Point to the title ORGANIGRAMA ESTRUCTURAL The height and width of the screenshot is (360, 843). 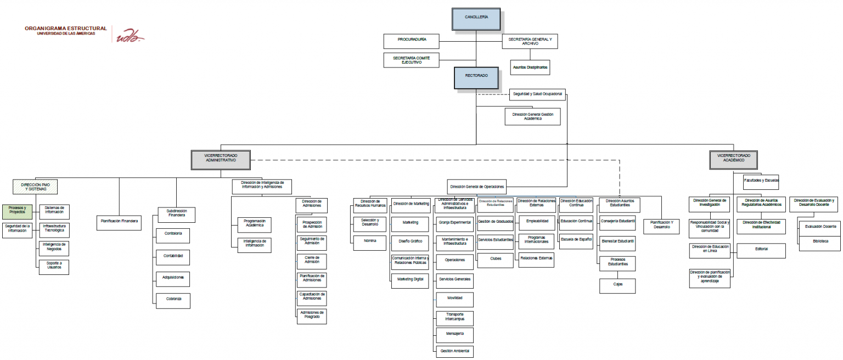point(65,29)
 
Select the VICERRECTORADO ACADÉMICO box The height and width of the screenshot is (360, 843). point(733,158)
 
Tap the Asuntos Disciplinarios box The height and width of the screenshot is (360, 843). point(530,67)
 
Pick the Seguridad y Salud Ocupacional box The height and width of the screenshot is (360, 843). point(537,94)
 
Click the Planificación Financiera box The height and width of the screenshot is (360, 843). point(119,222)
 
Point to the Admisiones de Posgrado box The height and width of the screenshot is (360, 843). point(312,316)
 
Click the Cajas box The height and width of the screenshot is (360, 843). point(618,285)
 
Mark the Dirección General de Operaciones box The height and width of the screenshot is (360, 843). point(476,185)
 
